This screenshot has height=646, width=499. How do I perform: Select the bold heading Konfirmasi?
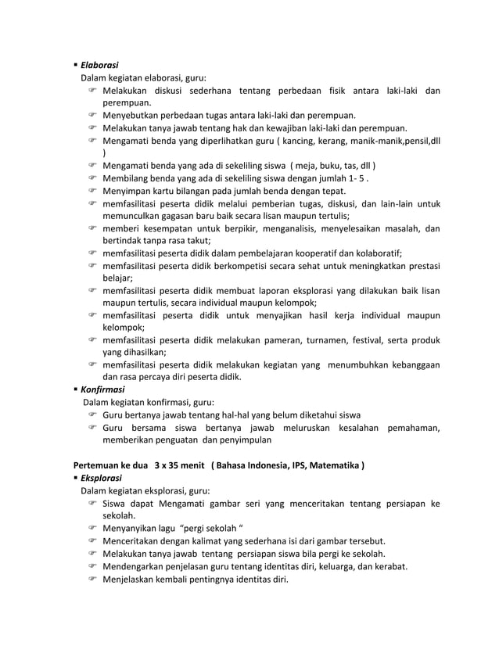point(102,389)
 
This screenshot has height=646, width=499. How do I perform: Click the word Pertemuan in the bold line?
point(99,465)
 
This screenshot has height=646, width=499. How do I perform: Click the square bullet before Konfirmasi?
point(76,389)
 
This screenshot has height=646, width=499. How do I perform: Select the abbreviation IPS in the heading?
point(278,465)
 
